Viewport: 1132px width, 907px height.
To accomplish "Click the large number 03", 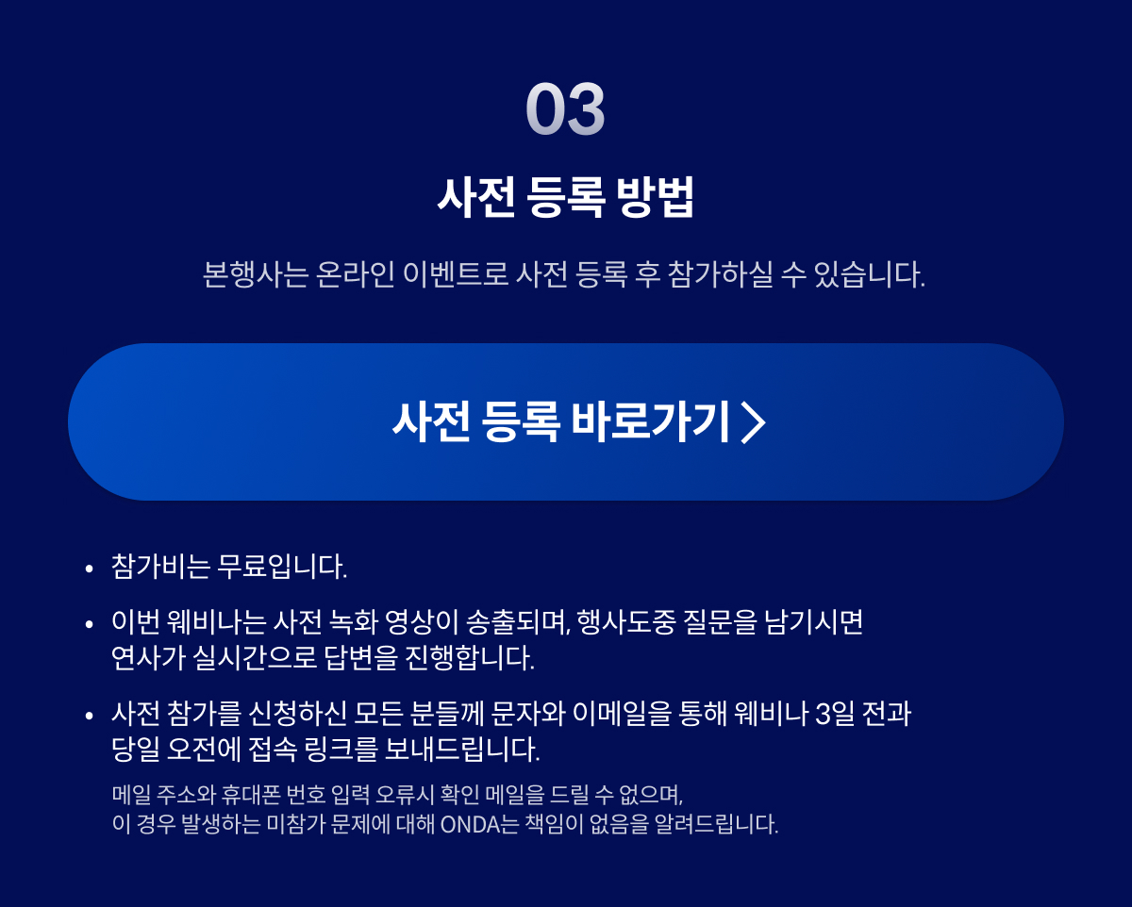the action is (x=565, y=108).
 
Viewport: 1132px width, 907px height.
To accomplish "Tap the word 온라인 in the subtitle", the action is (x=355, y=274).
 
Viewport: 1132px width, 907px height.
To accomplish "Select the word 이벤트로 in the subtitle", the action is (x=456, y=274).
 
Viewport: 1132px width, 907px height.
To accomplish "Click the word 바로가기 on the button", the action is (x=651, y=421).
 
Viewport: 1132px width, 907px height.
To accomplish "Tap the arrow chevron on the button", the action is (x=754, y=422).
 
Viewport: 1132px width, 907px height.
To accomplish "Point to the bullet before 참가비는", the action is (x=89, y=569).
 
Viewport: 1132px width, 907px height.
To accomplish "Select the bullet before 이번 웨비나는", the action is (x=89, y=625).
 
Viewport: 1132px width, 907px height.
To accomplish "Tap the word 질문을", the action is (x=720, y=622).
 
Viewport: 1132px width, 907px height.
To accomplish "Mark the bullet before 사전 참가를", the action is (x=89, y=716).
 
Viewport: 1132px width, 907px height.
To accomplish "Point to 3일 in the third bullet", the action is (x=835, y=714).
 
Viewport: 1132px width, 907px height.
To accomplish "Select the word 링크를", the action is (x=341, y=750).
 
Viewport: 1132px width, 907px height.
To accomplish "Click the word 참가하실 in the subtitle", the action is (x=721, y=274).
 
